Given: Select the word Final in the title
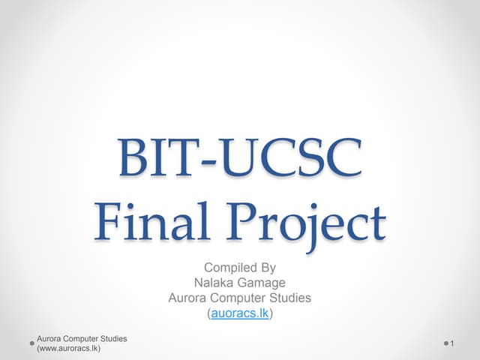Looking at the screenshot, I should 151,223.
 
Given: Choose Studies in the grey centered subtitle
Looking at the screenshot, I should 291,298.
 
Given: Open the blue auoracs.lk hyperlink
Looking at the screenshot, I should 240,313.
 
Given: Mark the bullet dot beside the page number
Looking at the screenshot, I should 445,343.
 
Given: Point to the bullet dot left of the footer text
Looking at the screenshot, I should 31,343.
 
